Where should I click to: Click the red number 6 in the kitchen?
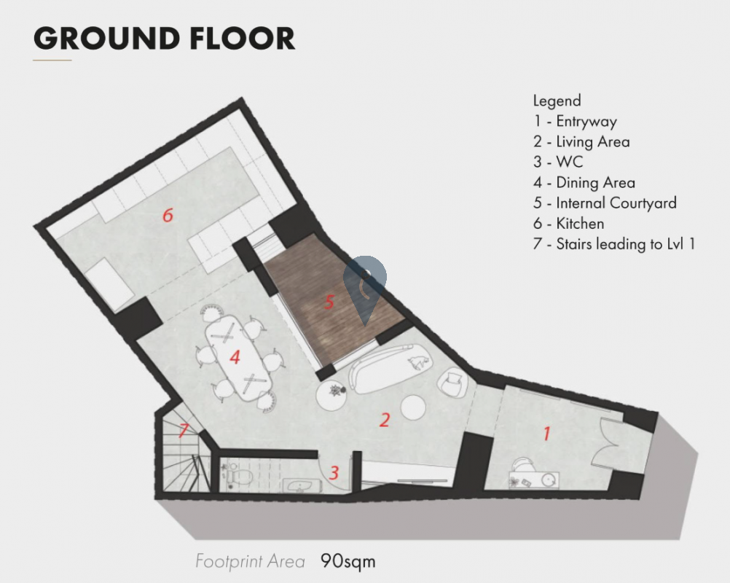[x=168, y=215]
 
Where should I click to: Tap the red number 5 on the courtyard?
[x=329, y=302]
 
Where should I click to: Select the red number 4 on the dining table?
[x=235, y=357]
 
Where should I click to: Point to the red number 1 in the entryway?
[x=547, y=434]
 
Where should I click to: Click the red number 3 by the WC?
[x=334, y=473]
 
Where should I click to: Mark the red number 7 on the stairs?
[x=184, y=430]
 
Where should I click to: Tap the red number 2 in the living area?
[x=384, y=420]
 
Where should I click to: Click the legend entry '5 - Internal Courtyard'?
[x=605, y=203]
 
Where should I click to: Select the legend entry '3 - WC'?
[x=558, y=162]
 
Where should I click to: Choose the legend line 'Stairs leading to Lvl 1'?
[x=625, y=244]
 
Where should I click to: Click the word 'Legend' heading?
[x=557, y=101]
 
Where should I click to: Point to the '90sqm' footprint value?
[x=348, y=560]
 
